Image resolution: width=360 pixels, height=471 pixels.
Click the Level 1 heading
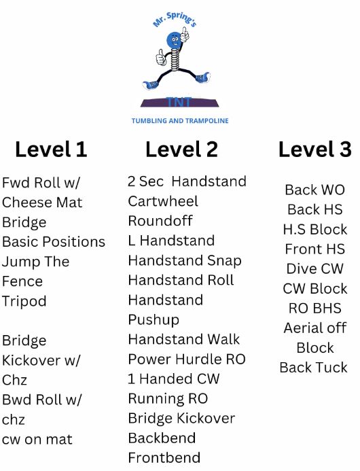(51, 150)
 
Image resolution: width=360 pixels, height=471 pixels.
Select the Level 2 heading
(181, 150)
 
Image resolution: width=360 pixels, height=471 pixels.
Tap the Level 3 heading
(315, 150)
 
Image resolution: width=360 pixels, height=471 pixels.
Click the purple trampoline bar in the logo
(179, 103)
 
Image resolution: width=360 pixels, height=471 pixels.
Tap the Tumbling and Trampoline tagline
(180, 121)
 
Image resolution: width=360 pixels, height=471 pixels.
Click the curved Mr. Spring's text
(175, 19)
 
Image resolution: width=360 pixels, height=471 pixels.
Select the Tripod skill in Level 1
(24, 301)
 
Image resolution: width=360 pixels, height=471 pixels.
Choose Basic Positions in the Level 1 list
(54, 242)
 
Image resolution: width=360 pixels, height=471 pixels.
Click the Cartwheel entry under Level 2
(163, 201)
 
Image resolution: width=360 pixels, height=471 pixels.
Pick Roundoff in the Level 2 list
(160, 221)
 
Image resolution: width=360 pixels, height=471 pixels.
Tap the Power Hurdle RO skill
(187, 360)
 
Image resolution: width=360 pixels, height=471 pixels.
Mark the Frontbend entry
(164, 458)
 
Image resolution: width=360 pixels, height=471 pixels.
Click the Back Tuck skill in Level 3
(313, 368)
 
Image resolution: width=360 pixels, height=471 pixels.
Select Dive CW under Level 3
(314, 268)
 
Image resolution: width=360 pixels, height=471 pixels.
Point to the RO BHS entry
(315, 308)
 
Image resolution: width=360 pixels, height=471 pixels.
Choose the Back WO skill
(314, 190)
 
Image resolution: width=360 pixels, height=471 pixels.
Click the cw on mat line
(37, 440)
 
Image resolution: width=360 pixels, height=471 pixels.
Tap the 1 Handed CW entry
(173, 379)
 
